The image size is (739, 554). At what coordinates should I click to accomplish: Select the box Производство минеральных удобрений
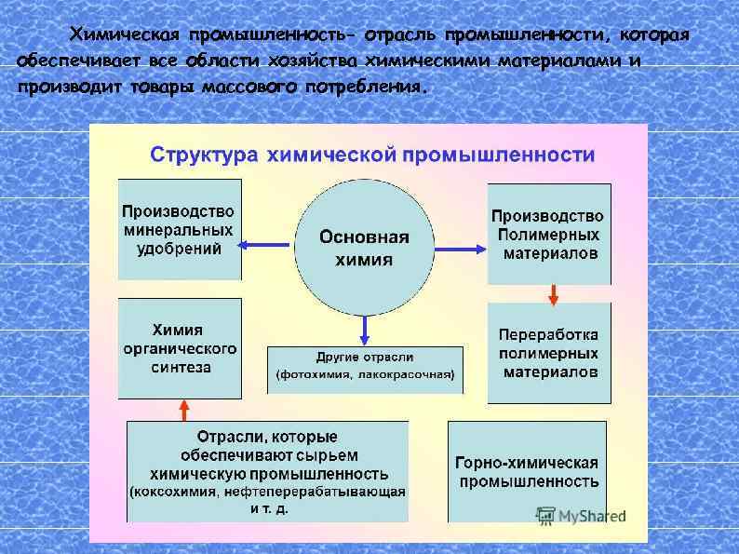click(180, 230)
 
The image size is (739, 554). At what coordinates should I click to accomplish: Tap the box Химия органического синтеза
click(180, 348)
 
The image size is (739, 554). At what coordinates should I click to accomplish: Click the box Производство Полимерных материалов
click(549, 234)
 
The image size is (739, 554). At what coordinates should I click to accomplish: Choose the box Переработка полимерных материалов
click(549, 353)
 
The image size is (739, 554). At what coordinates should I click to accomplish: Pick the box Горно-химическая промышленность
click(527, 471)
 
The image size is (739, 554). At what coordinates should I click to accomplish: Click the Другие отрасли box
click(364, 367)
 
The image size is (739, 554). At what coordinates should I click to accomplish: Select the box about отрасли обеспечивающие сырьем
click(267, 471)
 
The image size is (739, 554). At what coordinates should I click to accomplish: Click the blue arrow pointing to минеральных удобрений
click(264, 245)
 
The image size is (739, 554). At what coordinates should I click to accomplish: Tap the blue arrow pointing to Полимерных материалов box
click(460, 248)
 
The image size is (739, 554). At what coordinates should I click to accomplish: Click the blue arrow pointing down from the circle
click(365, 329)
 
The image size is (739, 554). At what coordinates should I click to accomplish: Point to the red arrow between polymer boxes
click(553, 294)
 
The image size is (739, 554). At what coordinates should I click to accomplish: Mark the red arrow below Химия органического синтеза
click(183, 410)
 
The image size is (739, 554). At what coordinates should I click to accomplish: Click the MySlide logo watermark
click(581, 515)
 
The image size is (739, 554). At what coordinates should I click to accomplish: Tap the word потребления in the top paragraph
click(377, 88)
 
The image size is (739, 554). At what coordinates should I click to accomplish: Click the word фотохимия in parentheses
click(314, 375)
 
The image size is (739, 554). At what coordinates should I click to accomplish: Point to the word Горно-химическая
click(527, 463)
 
